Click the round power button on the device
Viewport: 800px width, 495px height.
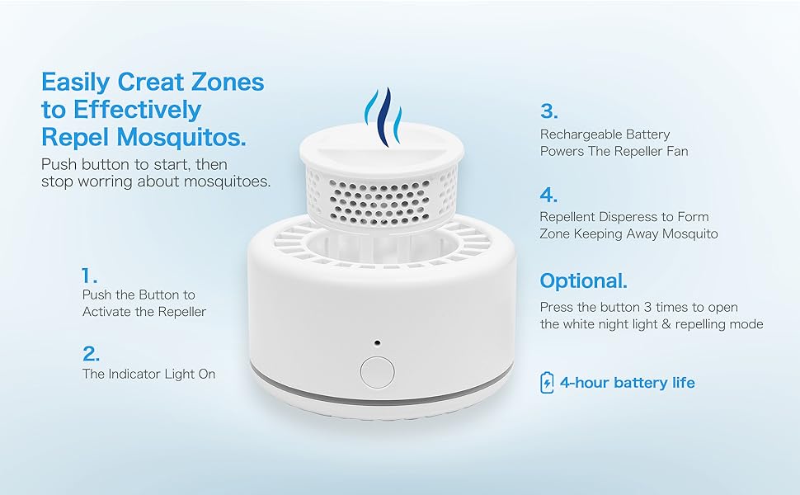(x=377, y=370)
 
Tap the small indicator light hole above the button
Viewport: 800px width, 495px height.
(x=377, y=341)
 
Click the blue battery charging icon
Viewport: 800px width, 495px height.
(x=547, y=383)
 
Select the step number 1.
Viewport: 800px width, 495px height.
(x=89, y=276)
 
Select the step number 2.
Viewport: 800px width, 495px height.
(x=91, y=354)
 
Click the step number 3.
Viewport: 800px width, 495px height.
(x=548, y=111)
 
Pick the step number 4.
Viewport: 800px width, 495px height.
(x=548, y=196)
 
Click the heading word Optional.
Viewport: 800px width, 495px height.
(x=583, y=281)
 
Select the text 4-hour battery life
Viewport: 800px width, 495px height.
(x=627, y=383)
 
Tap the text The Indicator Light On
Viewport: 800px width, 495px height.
(x=148, y=374)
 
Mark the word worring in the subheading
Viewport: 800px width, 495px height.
(x=103, y=181)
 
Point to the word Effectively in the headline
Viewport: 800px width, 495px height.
(x=136, y=110)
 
